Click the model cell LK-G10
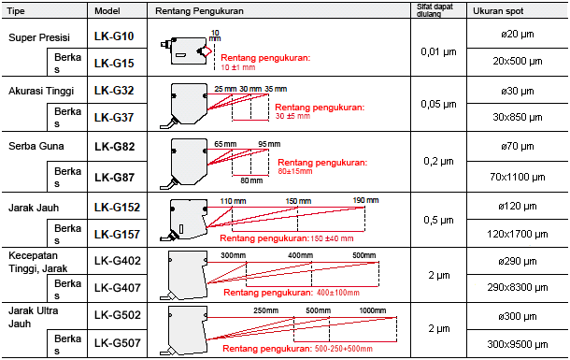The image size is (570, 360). [x=114, y=36]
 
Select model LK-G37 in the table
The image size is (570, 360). [x=114, y=118]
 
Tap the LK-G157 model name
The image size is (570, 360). [x=117, y=235]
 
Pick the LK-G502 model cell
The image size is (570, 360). [x=118, y=315]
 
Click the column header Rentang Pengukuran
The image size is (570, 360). [x=199, y=11]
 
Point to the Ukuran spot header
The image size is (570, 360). [x=498, y=11]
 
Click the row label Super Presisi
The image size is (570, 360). [x=39, y=37]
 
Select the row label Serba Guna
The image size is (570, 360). [x=36, y=146]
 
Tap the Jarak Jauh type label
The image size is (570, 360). [x=34, y=208]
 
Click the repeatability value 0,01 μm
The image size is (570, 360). [x=438, y=51]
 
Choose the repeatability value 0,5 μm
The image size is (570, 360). [x=438, y=220]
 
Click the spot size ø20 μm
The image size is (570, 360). [x=518, y=35]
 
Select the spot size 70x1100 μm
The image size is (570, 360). [x=518, y=177]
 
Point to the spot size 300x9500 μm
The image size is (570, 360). [x=518, y=344]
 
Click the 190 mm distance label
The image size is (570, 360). [x=365, y=200]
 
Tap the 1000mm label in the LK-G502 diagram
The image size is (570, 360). [x=373, y=310]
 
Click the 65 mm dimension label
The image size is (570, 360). [x=225, y=144]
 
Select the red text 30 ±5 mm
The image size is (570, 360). [x=292, y=116]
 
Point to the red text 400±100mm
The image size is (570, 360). [x=337, y=293]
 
